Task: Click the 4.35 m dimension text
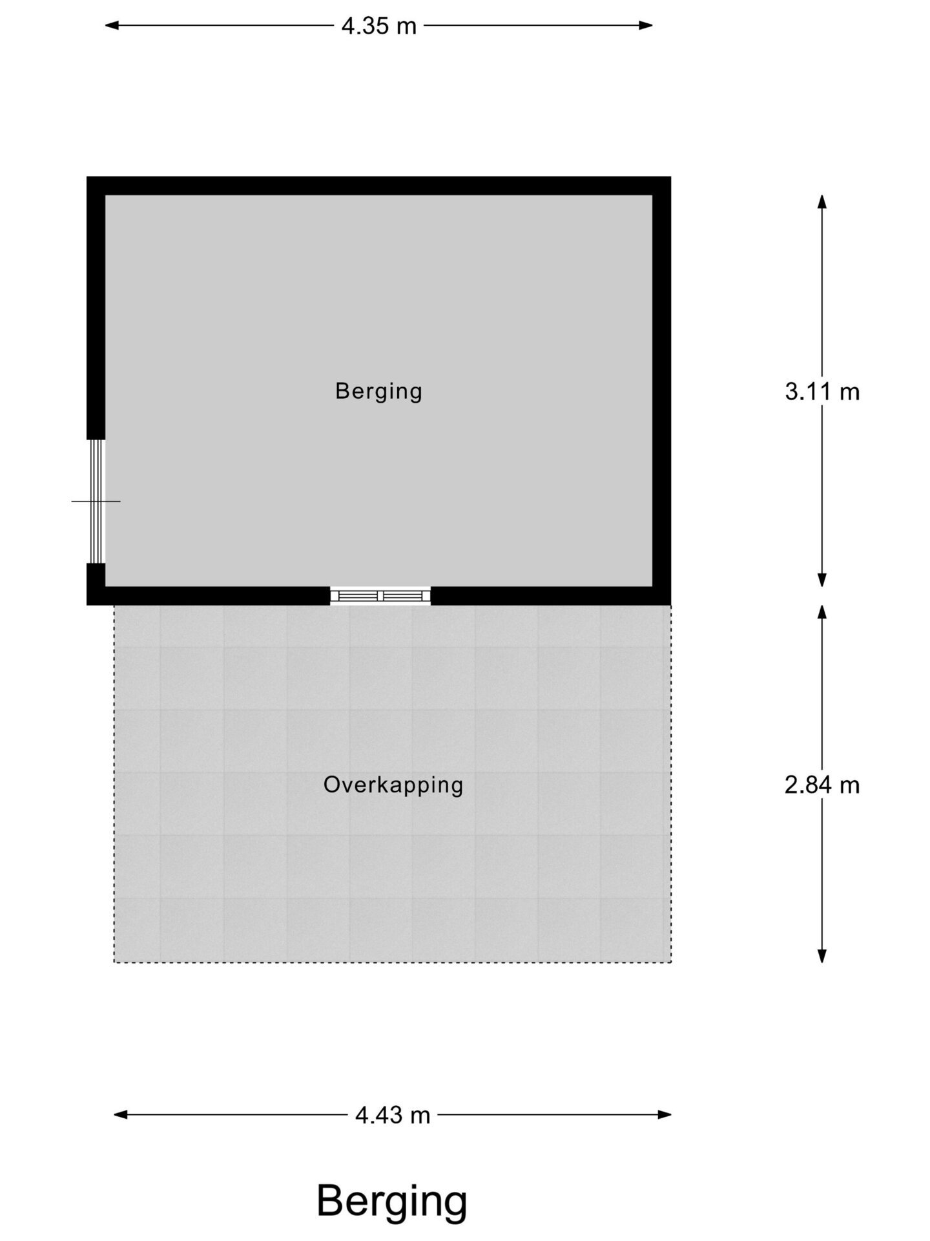tap(379, 27)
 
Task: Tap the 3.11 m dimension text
tap(821, 392)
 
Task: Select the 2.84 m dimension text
tap(821, 785)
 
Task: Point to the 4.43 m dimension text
tap(393, 1114)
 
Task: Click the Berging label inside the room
tap(378, 391)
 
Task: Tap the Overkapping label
tap(393, 785)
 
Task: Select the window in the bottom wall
tap(380, 595)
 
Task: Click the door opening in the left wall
tap(96, 501)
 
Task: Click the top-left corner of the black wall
tap(88, 178)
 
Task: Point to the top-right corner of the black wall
tap(669, 178)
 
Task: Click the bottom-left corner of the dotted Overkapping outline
tap(114, 962)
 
